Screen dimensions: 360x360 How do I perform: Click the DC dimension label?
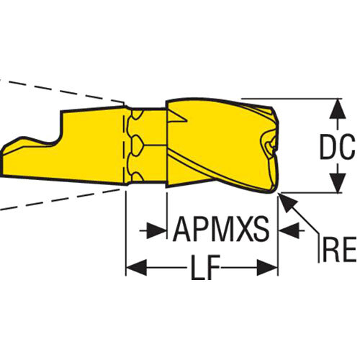[x=337, y=147]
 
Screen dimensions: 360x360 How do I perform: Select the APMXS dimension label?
[x=221, y=229]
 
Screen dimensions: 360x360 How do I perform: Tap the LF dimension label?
[x=206, y=267]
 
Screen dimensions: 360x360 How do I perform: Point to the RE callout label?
[x=339, y=249]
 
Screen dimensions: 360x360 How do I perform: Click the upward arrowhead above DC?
[x=338, y=109]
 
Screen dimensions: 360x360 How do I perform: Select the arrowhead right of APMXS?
[x=289, y=230]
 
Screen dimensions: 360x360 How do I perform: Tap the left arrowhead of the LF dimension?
[x=136, y=267]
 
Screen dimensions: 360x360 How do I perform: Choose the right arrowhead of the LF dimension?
[x=267, y=267]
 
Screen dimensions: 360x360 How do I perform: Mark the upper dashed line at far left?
[x=62, y=91]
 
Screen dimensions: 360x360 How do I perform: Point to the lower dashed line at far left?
[x=60, y=199]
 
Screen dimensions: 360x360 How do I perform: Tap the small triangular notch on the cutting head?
[x=177, y=117]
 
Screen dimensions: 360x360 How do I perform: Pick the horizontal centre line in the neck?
[x=154, y=145]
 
